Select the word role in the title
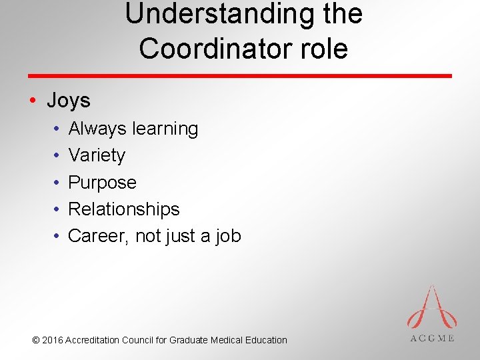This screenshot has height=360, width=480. click(323, 49)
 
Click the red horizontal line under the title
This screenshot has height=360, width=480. click(240, 75)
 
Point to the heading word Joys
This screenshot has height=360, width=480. click(69, 101)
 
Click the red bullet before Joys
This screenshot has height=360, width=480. click(33, 101)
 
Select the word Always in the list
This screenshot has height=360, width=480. click(97, 129)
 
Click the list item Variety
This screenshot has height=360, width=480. click(97, 155)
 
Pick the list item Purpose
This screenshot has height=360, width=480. click(102, 182)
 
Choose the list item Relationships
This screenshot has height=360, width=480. click(124, 209)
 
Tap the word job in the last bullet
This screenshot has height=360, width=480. click(228, 236)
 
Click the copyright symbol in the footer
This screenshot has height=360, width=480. click(36, 340)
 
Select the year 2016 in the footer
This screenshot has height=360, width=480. click(52, 340)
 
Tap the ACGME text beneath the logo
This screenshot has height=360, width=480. click(431, 338)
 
